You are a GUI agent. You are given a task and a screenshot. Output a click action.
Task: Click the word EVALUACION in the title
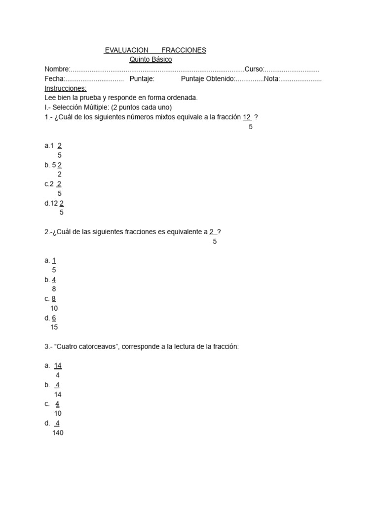(126, 50)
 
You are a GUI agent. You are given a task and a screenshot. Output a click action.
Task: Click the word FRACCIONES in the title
(184, 50)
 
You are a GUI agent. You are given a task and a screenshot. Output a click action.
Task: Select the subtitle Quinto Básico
(151, 60)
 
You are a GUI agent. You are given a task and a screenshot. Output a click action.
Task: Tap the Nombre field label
(57, 70)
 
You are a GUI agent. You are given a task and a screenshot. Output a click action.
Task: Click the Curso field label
(254, 70)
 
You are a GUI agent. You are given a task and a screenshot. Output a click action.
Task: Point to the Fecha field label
(54, 79)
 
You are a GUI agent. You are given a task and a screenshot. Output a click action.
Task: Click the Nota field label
(271, 79)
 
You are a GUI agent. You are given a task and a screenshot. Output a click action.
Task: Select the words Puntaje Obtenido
(207, 79)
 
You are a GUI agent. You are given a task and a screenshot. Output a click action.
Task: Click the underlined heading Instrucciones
(65, 88)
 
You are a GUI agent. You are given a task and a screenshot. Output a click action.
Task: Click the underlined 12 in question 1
(247, 117)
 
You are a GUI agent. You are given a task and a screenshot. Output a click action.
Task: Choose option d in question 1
(54, 203)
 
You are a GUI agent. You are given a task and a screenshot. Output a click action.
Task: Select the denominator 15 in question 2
(54, 327)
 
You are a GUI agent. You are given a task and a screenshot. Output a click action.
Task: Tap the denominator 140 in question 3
(58, 433)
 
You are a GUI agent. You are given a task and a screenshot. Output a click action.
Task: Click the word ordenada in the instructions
(182, 98)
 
